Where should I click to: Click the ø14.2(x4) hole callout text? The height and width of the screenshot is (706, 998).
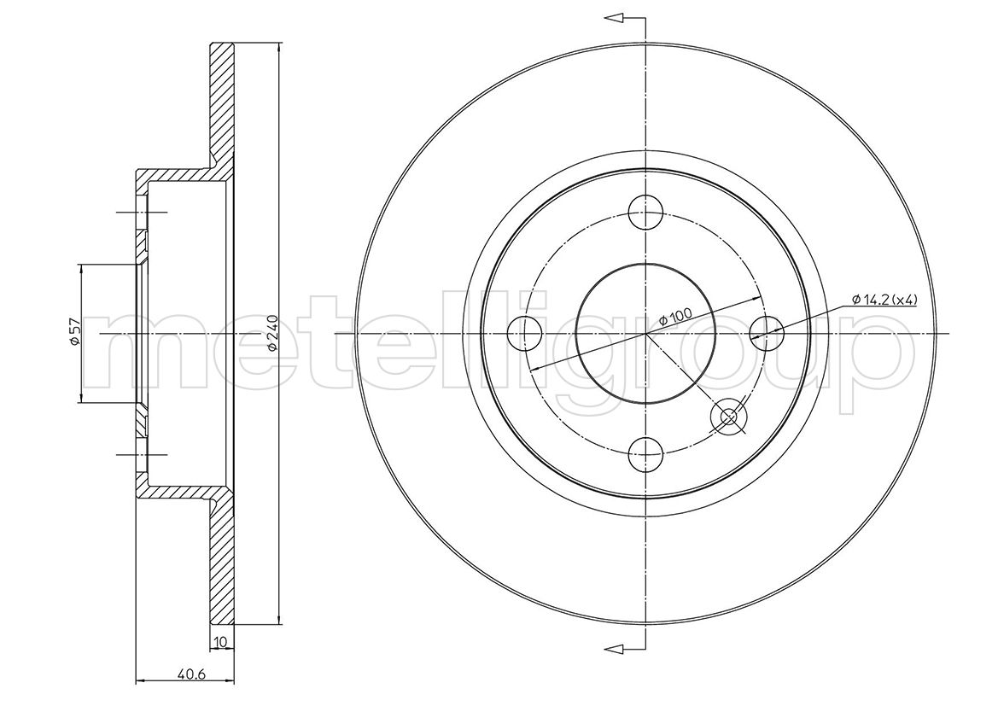point(884,299)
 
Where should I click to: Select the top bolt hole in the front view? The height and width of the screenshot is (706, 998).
point(645,212)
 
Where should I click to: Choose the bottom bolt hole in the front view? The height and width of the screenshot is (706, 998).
point(645,454)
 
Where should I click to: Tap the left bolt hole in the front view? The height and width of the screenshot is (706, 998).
point(524,333)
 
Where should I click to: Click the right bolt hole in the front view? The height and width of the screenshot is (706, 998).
point(767,333)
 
